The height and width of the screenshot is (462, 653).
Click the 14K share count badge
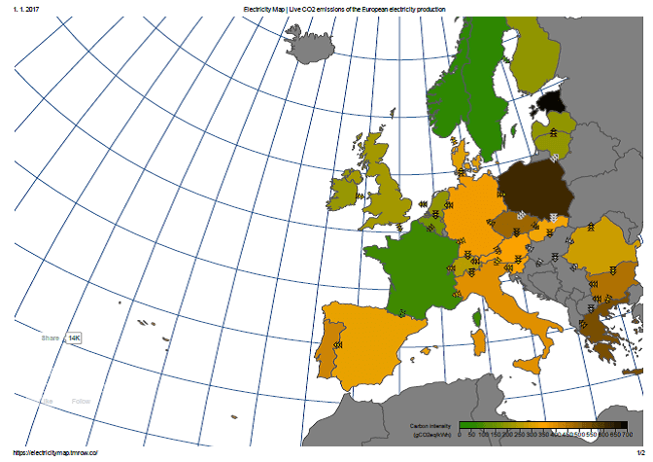74,338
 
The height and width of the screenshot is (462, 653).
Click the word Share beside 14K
50,338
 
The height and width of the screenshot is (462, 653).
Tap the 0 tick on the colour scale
459,435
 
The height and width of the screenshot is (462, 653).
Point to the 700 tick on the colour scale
627,435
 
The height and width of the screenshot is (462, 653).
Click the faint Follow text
81,401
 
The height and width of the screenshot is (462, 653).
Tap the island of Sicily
529,365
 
